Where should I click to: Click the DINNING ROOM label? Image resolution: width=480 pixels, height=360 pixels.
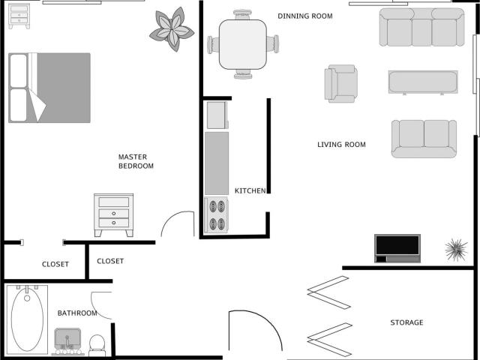click(x=304, y=16)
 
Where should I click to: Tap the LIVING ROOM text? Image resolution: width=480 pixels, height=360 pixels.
click(x=341, y=145)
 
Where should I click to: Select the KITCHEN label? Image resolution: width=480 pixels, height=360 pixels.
click(x=250, y=191)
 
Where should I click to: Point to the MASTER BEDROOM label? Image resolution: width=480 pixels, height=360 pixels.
click(x=136, y=161)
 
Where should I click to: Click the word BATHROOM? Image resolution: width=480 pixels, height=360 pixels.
click(x=77, y=313)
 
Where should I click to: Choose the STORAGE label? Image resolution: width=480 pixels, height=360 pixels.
click(x=406, y=322)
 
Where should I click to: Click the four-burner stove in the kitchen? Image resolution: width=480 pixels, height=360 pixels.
click(x=217, y=214)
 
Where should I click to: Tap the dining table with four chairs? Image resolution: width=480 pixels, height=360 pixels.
click(x=243, y=43)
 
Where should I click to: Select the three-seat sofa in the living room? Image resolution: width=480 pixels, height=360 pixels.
click(x=421, y=28)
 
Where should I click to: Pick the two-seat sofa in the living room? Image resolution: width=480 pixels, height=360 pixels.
click(x=424, y=138)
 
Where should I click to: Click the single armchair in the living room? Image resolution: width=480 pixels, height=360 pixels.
click(x=340, y=82)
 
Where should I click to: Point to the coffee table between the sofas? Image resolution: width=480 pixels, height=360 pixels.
click(x=422, y=82)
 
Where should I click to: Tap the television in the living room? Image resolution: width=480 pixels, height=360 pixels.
click(x=397, y=247)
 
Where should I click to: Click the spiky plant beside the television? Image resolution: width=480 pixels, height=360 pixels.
click(x=455, y=248)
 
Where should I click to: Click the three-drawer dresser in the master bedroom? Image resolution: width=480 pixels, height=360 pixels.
click(x=113, y=214)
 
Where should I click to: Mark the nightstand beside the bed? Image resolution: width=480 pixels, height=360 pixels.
click(x=19, y=16)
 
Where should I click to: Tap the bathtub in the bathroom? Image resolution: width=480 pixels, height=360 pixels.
click(x=28, y=319)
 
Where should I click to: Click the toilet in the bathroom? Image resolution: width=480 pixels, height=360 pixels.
click(x=97, y=345)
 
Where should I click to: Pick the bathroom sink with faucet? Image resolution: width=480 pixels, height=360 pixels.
click(x=68, y=340)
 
